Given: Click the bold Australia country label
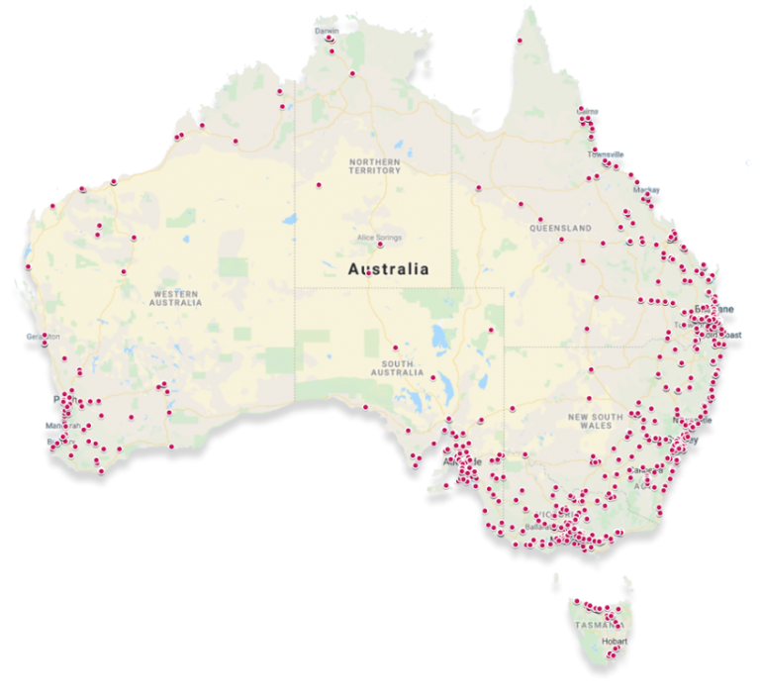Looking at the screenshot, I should (388, 268).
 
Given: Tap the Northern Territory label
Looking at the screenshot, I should (374, 166).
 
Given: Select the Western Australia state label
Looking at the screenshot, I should (175, 297).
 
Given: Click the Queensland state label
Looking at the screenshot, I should (560, 228).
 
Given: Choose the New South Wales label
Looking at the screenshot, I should (596, 423).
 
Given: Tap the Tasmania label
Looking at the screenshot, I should (596, 626).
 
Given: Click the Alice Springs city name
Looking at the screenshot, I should (381, 237).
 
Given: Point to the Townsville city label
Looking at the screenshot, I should (605, 154).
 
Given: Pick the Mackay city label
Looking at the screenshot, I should (646, 188).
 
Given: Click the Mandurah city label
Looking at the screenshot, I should (61, 426).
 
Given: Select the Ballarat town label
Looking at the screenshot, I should (539, 528).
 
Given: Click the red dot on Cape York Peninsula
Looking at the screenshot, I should (519, 41).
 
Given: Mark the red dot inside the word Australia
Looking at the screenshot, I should (368, 273).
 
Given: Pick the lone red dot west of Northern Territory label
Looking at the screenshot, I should (319, 184).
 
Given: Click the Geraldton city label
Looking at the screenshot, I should (44, 337).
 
